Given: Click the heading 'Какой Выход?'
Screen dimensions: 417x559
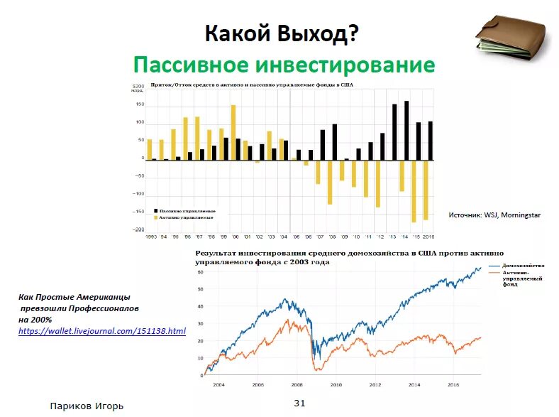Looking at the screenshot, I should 282,33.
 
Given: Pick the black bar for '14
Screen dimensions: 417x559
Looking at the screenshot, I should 406,131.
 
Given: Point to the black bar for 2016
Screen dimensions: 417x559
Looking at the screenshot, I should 430,141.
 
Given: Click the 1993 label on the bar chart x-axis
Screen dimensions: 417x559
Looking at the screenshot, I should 151,236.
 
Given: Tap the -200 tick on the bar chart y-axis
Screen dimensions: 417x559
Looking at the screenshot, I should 138,229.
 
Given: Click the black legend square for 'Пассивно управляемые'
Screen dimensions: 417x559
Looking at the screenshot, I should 155,211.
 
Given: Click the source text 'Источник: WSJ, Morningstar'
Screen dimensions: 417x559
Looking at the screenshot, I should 495,214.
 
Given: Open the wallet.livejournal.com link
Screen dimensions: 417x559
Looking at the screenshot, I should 101,331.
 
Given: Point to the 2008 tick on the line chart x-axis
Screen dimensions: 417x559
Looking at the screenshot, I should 297,384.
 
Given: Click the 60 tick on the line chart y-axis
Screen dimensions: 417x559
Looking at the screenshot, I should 201,272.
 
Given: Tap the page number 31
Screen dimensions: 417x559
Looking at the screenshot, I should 299,404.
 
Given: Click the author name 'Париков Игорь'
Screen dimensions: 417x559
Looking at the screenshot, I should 92,406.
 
